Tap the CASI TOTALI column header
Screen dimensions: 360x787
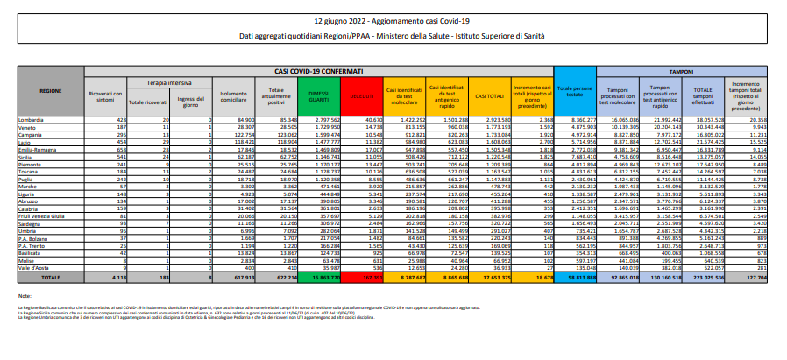point(494,92)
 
